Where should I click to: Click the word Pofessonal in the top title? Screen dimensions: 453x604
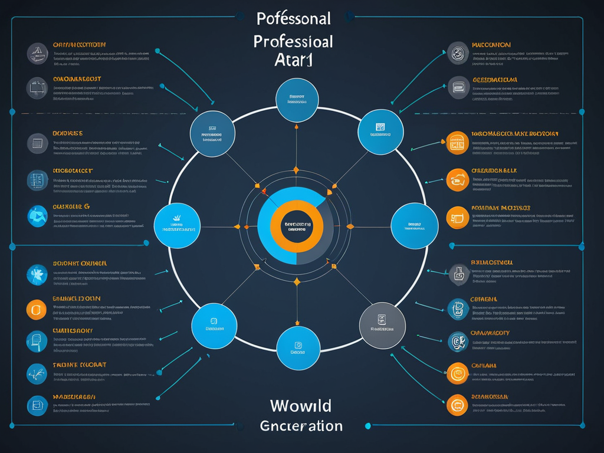294,18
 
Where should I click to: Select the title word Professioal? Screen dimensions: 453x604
293,42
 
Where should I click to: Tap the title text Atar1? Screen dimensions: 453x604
293,60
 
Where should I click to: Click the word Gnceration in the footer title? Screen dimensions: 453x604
301,425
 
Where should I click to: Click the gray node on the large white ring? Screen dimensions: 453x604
382,326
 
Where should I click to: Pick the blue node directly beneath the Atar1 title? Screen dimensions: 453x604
297,100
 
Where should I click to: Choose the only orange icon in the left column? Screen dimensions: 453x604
37,309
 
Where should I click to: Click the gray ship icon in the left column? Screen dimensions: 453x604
37,53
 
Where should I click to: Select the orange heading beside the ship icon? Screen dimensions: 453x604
80,44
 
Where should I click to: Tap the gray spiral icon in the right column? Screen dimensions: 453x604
458,54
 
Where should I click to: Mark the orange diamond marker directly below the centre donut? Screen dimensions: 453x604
297,282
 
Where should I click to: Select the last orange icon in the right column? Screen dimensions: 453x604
457,405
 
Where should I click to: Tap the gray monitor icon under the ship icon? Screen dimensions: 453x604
37,88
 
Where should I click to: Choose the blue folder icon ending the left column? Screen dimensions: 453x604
37,405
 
